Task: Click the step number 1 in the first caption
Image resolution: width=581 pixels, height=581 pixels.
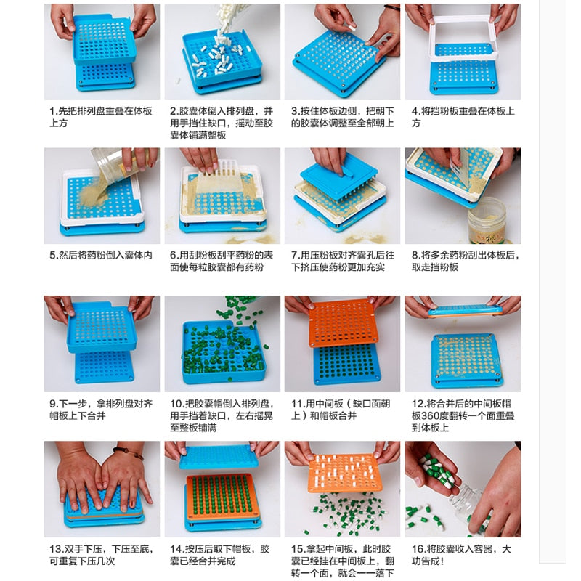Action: tap(52, 111)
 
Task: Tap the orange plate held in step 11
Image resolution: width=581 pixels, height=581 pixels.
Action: tap(343, 322)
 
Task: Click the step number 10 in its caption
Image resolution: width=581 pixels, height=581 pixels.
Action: tap(176, 404)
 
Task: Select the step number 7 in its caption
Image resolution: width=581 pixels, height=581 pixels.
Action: tap(295, 256)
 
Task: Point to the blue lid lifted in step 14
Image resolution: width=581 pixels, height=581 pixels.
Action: tap(219, 457)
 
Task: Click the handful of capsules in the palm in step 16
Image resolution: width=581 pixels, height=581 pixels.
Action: tap(437, 471)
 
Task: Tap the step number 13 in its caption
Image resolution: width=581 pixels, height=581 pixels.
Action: tap(57, 549)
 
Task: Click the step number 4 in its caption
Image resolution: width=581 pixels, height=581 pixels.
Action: tap(415, 111)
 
